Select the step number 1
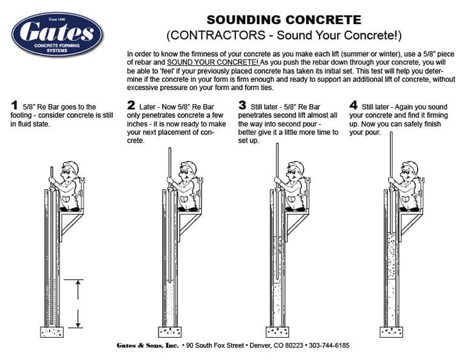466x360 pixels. (15, 105)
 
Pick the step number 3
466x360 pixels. (243, 105)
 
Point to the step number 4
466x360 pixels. (353, 105)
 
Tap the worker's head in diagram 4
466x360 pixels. (410, 168)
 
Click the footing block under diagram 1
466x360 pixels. (52, 332)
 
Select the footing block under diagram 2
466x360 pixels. (170, 332)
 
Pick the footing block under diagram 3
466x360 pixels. (277, 332)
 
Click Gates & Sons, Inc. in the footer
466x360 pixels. (147, 345)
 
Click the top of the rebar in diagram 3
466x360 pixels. (277, 144)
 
